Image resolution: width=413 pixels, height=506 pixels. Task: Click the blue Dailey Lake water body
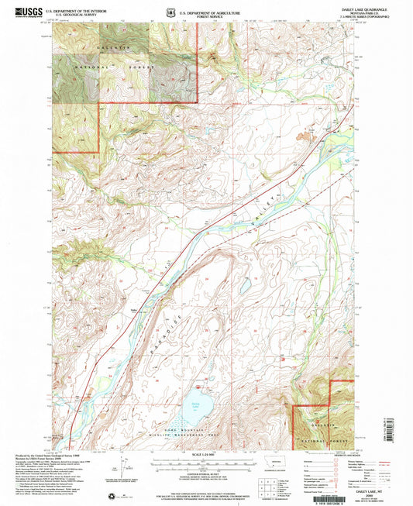coord(193,402)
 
